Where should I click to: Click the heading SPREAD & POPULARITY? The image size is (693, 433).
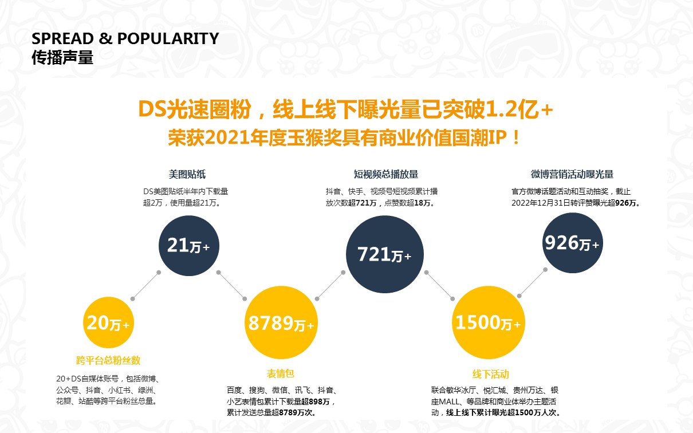125,39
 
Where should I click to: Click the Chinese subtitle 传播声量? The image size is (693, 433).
62,58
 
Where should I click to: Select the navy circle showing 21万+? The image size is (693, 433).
188,246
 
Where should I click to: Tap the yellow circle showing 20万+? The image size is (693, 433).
108,324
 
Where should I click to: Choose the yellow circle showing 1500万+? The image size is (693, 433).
487,323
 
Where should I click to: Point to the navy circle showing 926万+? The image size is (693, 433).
571,243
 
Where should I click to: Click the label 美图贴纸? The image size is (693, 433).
187,174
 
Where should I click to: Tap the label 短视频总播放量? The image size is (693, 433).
385,174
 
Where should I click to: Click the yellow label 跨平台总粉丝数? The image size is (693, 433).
108,360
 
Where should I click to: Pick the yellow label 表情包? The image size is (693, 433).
281,373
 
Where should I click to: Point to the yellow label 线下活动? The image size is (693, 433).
490,374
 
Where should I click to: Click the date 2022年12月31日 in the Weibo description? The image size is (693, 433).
541,203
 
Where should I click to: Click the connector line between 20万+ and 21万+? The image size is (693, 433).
145,285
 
